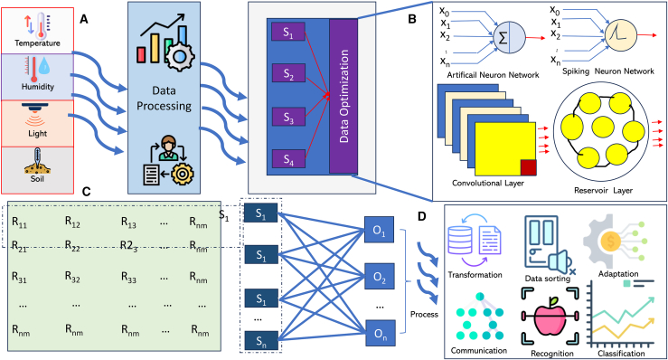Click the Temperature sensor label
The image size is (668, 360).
37,43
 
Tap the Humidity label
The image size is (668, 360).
38,87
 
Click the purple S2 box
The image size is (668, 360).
288,73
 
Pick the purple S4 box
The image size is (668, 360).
288,159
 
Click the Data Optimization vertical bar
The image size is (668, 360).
343,96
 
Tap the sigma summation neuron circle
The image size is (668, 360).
509,38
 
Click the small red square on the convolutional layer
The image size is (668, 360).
529,167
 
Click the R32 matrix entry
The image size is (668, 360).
72,278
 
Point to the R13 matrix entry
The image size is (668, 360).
128,223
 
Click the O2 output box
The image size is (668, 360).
379,278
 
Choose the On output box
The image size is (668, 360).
380,334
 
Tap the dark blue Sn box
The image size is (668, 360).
261,341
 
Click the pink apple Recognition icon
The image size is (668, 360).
550,317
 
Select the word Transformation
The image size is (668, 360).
475,275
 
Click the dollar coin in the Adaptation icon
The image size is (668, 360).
611,242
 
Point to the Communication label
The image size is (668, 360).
479,351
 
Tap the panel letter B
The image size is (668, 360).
412,19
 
